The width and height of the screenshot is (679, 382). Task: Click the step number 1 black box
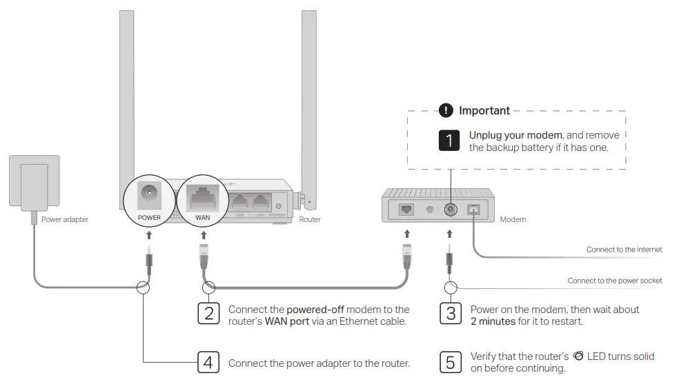click(449, 141)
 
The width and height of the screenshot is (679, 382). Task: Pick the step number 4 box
click(209, 361)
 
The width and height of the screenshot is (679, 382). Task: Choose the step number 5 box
click(451, 361)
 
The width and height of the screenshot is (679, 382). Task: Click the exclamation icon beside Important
click(446, 110)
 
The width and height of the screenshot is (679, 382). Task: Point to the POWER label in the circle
click(149, 217)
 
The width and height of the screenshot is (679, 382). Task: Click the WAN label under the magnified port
click(202, 217)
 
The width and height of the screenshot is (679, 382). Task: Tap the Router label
click(310, 219)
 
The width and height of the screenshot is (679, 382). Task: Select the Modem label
click(513, 219)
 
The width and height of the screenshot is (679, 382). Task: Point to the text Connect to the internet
click(624, 250)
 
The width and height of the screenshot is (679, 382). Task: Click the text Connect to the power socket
click(614, 281)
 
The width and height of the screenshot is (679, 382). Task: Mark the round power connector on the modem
click(451, 209)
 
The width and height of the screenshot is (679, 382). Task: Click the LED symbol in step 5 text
click(578, 356)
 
